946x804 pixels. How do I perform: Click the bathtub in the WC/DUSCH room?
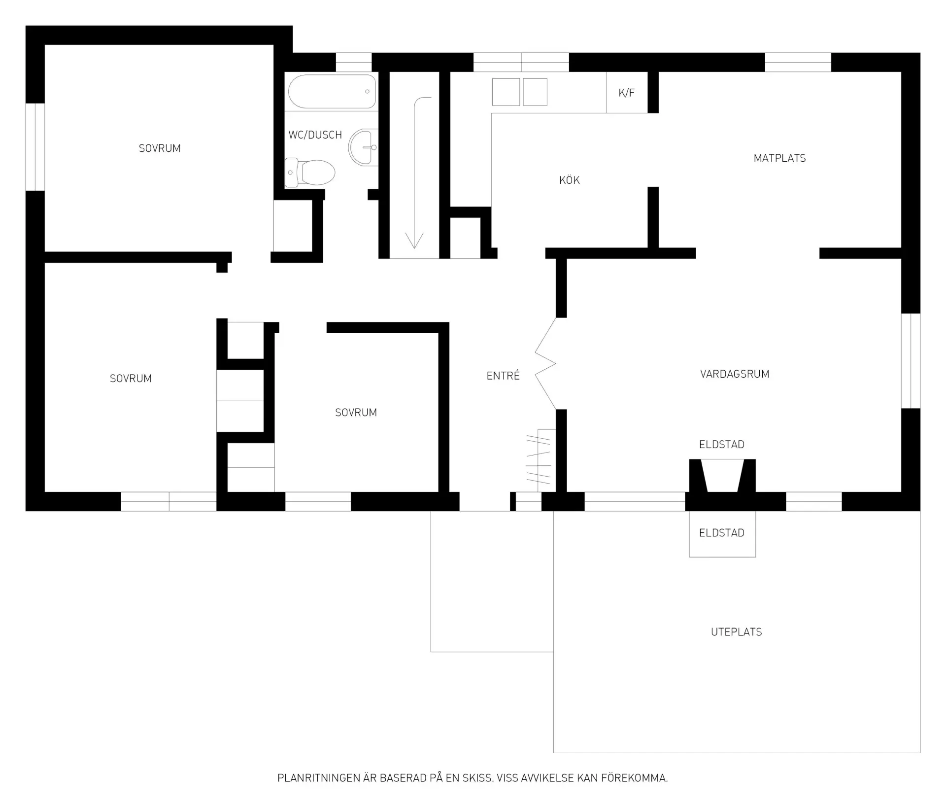point(332,91)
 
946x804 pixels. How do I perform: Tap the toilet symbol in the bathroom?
point(310,173)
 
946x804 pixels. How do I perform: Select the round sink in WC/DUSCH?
point(363,147)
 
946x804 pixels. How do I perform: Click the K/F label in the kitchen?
point(626,93)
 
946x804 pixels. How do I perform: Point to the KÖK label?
point(569,180)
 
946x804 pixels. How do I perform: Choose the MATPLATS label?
point(779,158)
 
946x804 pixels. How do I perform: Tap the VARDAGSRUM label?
point(735,374)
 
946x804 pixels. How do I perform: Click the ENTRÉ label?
point(503,376)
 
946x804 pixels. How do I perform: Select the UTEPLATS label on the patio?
point(736,632)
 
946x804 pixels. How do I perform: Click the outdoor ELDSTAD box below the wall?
point(722,534)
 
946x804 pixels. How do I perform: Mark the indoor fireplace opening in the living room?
point(722,476)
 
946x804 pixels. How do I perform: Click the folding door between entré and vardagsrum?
point(545,364)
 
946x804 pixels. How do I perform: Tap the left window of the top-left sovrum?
point(35,147)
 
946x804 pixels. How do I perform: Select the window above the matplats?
point(798,62)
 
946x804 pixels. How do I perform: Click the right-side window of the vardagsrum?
point(911,361)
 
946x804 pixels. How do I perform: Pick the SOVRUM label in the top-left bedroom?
point(160,148)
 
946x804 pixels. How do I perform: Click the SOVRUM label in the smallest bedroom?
point(356,413)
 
